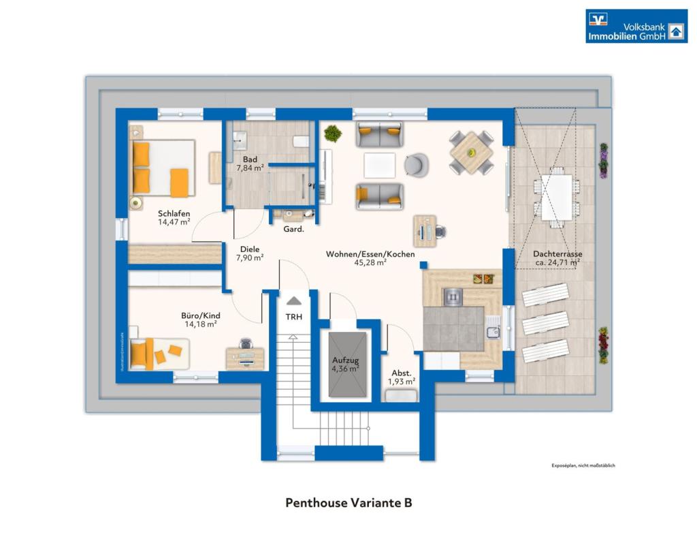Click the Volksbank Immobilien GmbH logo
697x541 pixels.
pos(636,26)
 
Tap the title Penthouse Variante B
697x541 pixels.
pos(348,504)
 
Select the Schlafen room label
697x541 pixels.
pos(174,213)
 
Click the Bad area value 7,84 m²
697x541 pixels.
pos(250,168)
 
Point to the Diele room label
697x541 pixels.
pos(249,249)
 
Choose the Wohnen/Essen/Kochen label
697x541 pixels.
pos(370,254)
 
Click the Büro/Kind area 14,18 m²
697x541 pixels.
pos(201,324)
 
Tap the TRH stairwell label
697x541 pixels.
pos(294,317)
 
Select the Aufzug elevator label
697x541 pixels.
pos(345,360)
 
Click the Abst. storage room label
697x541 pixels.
pos(401,373)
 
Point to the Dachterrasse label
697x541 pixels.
pos(557,254)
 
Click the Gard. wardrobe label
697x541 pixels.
pos(293,230)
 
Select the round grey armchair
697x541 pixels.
pos(417,164)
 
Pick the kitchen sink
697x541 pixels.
pos(493,333)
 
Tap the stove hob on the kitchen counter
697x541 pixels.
pos(453,296)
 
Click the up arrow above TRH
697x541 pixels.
pos(294,300)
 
